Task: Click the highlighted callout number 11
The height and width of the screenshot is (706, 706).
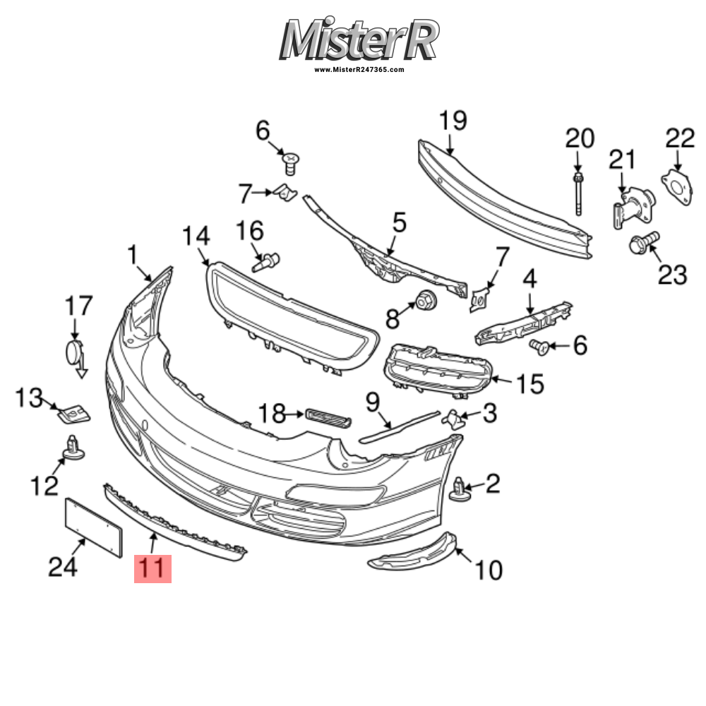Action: pos(153,568)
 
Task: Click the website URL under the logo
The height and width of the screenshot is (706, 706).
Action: pos(359,70)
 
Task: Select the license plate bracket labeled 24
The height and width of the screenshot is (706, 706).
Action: pos(94,524)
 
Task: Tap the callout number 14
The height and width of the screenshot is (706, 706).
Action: pos(196,237)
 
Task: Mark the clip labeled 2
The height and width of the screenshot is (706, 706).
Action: pos(461,487)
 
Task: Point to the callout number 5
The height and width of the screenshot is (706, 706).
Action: pos(399,224)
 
